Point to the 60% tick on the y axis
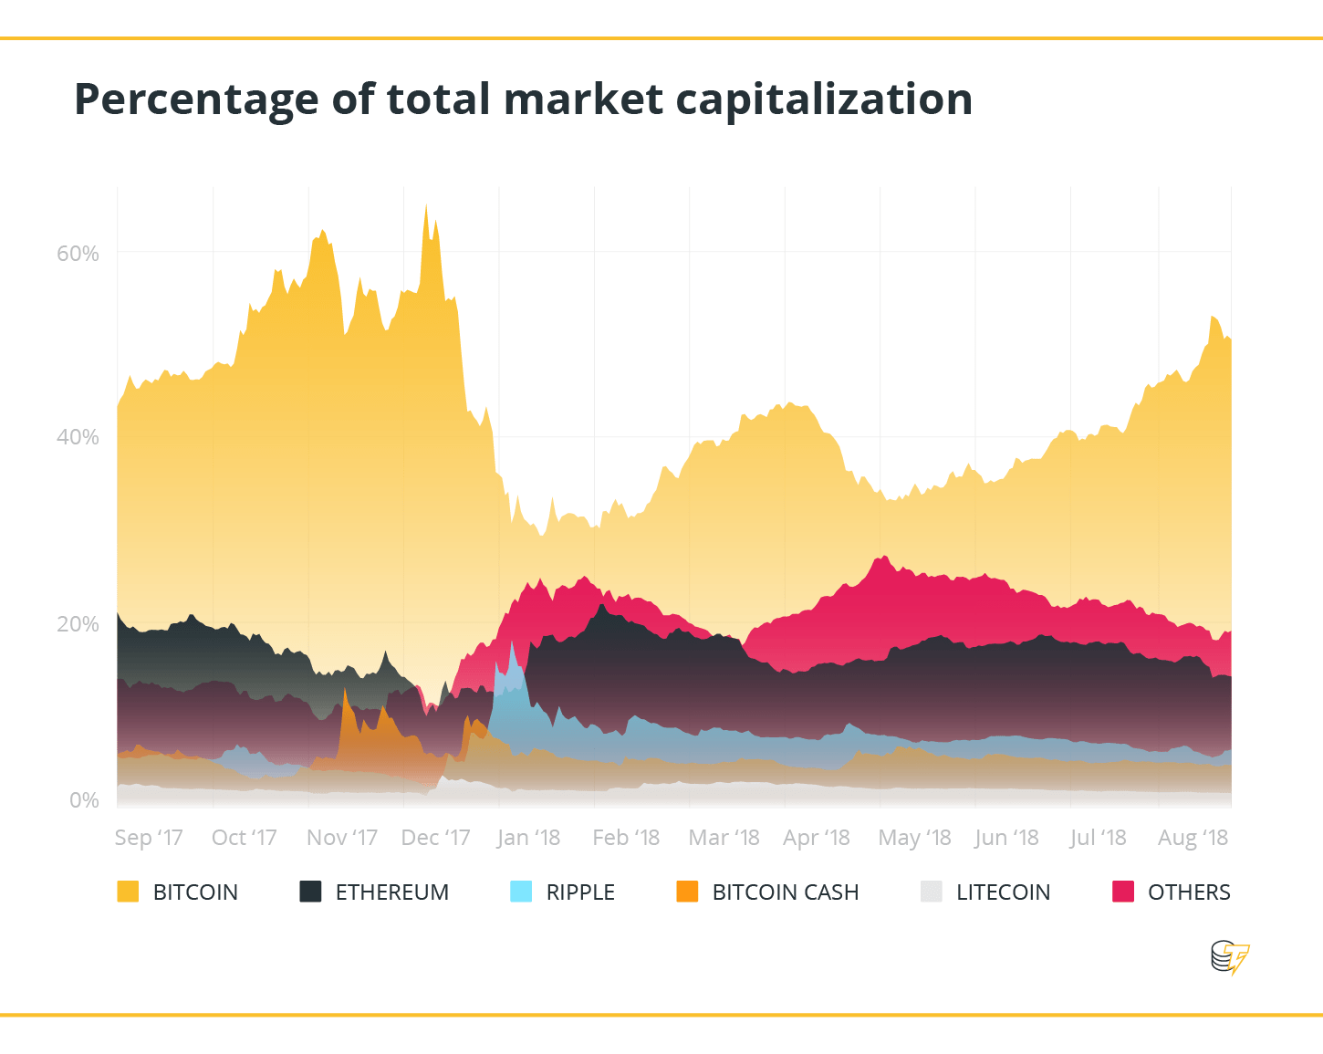(78, 254)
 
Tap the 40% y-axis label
(78, 437)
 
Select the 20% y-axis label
(78, 624)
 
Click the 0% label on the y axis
(84, 800)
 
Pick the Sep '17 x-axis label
(149, 838)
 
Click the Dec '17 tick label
(435, 838)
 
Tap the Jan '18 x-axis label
(528, 838)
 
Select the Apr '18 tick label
(816, 838)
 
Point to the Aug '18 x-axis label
(1193, 838)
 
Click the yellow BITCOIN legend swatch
(128, 892)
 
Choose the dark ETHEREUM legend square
(310, 892)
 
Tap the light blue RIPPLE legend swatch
(521, 892)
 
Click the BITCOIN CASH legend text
(785, 892)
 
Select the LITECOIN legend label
(1003, 892)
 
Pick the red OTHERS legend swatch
(1123, 892)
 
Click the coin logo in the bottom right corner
(1229, 958)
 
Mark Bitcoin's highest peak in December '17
(426, 208)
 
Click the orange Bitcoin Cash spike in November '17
(345, 694)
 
